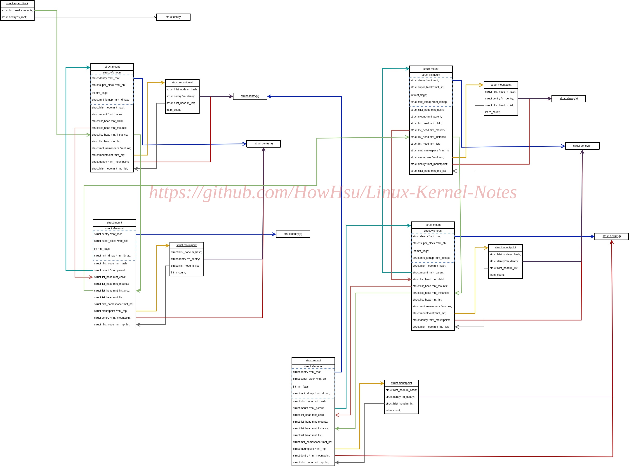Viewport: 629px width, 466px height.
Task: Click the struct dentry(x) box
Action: click(x=250, y=96)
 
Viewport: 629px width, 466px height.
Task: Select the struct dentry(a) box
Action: click(x=264, y=144)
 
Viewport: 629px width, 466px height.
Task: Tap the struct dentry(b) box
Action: click(x=293, y=234)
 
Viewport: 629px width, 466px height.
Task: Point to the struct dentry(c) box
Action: click(x=582, y=146)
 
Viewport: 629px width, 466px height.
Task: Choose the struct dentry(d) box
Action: click(x=612, y=236)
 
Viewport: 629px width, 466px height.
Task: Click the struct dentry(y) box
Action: click(x=569, y=99)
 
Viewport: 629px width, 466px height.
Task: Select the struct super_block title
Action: click(x=17, y=4)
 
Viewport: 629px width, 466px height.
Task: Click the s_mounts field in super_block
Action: click(x=17, y=10)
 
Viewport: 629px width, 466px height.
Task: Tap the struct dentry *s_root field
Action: click(x=14, y=17)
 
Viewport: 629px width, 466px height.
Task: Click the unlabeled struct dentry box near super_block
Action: click(x=173, y=17)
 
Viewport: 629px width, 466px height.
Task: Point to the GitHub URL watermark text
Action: click(x=333, y=192)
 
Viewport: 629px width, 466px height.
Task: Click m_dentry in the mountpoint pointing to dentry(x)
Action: click(x=181, y=96)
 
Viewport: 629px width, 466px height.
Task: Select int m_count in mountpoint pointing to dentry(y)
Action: click(x=492, y=112)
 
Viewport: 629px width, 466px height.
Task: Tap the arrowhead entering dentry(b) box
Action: click(x=274, y=234)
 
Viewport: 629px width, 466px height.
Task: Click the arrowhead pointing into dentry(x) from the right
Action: click(x=269, y=96)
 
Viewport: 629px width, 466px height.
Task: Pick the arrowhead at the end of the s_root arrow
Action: click(x=155, y=17)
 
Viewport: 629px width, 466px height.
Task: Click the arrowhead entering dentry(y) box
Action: click(x=550, y=99)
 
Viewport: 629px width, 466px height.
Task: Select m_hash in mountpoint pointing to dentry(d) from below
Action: click(x=401, y=390)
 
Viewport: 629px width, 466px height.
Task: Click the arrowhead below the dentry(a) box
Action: click(x=264, y=150)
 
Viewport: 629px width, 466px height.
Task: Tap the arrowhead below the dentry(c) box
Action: click(x=582, y=152)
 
